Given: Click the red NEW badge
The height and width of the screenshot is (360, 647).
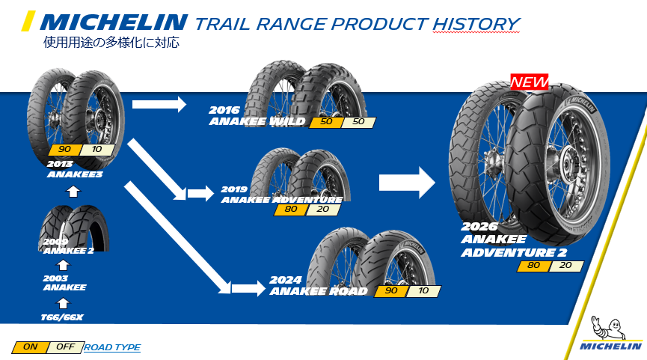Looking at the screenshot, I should click(530, 81).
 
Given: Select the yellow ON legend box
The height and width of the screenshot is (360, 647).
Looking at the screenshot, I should click(30, 347).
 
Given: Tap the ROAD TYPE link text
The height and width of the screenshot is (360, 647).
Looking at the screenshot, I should click(112, 347).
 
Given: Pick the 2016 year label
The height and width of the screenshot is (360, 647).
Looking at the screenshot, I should click(225, 110).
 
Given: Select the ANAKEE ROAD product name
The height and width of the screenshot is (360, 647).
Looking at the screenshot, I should click(319, 291).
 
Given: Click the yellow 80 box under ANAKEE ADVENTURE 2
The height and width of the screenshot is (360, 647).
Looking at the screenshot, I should click(532, 266).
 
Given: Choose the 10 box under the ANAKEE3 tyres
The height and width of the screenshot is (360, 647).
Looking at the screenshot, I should click(97, 149).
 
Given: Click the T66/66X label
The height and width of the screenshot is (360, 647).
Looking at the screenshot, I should click(62, 317).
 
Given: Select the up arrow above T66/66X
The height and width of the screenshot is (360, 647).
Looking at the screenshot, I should click(63, 302).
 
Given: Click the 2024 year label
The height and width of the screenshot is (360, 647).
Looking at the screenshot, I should click(285, 281).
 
